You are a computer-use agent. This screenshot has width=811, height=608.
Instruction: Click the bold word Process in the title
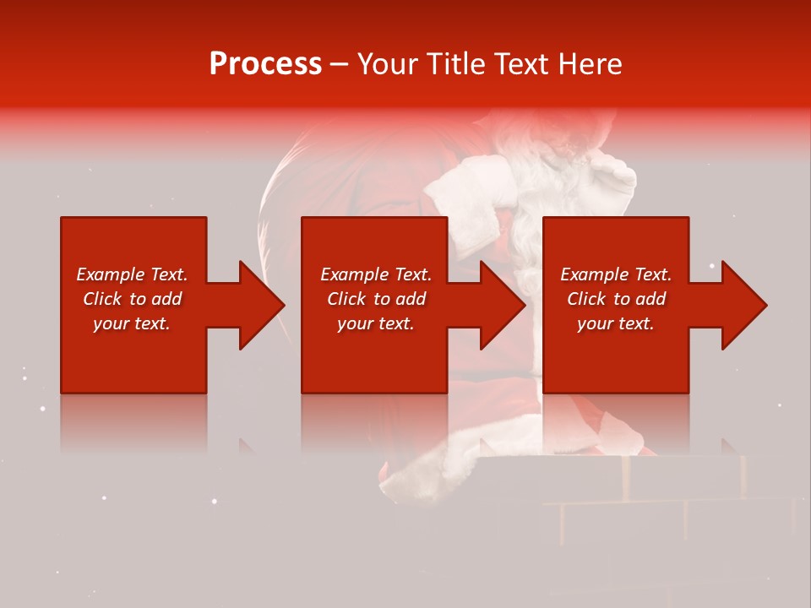click(265, 64)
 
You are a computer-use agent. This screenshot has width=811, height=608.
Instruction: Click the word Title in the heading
click(454, 64)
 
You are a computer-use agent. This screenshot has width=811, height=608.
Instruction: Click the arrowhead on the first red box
click(258, 305)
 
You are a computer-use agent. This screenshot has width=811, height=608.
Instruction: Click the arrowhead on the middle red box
click(498, 305)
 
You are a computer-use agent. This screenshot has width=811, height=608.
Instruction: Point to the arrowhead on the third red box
click(740, 305)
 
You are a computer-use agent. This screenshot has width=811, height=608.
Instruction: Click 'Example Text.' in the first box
click(132, 274)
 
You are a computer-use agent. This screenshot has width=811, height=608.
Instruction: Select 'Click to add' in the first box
click(132, 299)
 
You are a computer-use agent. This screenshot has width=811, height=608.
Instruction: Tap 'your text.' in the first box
click(132, 323)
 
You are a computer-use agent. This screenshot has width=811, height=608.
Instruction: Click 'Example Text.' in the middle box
click(375, 274)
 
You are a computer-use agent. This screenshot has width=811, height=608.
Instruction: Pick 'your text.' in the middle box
click(375, 323)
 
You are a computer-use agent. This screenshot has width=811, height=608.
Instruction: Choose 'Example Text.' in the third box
click(616, 274)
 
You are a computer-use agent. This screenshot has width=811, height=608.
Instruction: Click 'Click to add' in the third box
click(616, 299)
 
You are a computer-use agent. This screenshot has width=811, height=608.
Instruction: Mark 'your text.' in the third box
click(616, 323)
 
